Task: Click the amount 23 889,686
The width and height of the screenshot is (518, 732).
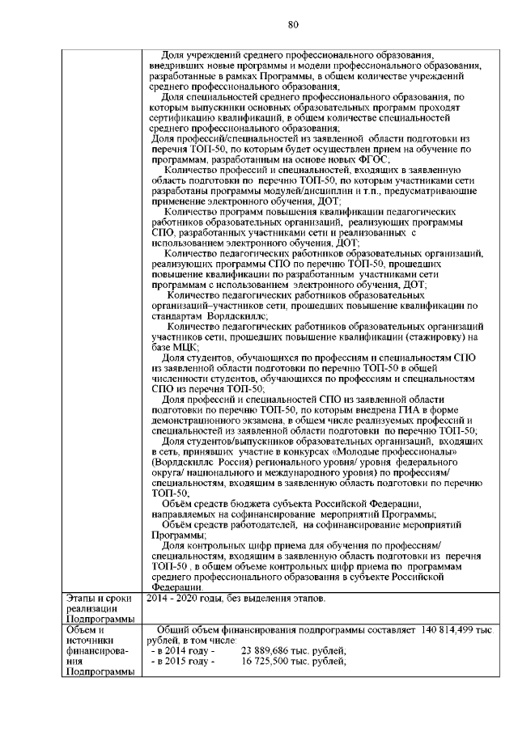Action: pos(274,649)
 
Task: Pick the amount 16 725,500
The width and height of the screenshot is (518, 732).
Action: pos(274,660)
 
